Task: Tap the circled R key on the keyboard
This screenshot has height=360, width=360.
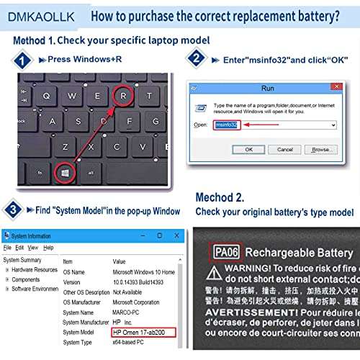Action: pyautogui.click(x=125, y=95)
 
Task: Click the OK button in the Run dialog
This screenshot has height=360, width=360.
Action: pyautogui.click(x=248, y=149)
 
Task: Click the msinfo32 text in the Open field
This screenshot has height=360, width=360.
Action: pyautogui.click(x=226, y=125)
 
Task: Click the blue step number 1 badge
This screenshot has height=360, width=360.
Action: pyautogui.click(x=22, y=61)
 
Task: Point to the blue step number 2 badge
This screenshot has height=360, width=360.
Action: pyautogui.click(x=194, y=58)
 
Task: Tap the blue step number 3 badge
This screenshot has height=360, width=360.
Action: pyautogui.click(x=13, y=210)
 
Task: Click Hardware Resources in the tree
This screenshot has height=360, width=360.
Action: pyautogui.click(x=34, y=269)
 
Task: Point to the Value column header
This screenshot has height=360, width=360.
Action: pyautogui.click(x=120, y=261)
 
